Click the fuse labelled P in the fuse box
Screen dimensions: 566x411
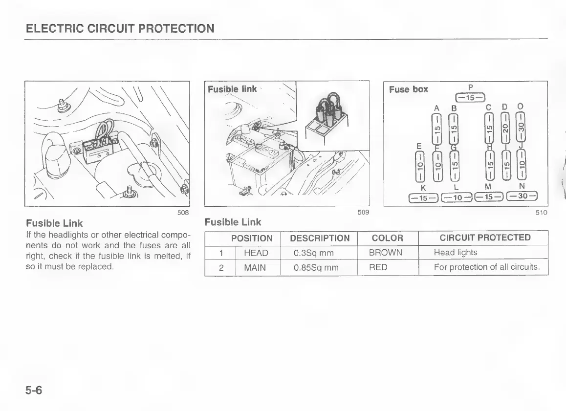tap(469, 98)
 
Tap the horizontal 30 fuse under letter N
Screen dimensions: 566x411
tap(522, 197)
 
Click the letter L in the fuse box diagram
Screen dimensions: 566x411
tap(456, 187)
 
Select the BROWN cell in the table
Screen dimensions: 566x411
tap(386, 253)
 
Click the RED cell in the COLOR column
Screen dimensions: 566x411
tap(378, 267)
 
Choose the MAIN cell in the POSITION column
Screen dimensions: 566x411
tap(256, 267)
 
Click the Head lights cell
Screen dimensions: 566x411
tap(456, 253)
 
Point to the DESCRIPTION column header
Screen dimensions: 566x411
tap(320, 238)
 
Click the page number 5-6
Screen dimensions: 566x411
tap(34, 391)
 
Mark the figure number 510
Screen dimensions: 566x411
tap(541, 212)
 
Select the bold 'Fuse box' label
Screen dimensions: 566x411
tap(409, 89)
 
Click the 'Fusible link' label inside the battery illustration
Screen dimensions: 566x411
tap(232, 89)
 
